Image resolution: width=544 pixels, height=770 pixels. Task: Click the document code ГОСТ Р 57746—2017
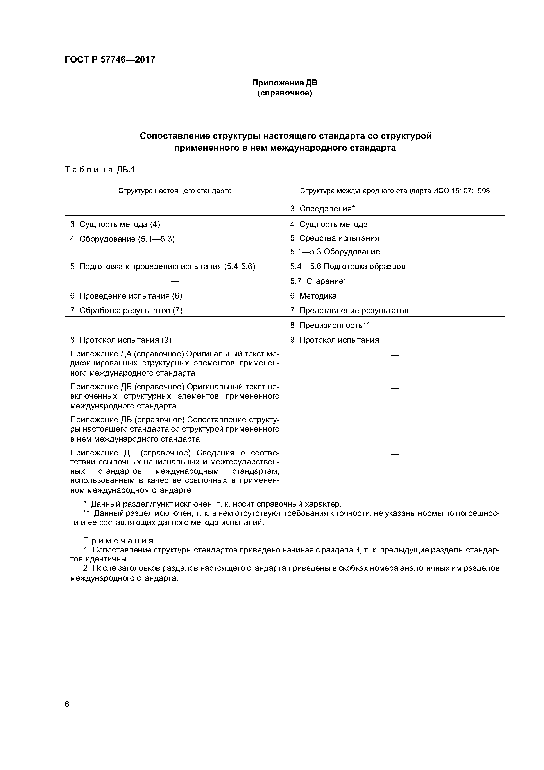point(110,60)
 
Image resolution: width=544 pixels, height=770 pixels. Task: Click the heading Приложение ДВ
point(285,83)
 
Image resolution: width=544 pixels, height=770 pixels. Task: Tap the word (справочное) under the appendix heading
point(285,93)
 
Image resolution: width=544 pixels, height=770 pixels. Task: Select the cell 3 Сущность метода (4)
point(115,224)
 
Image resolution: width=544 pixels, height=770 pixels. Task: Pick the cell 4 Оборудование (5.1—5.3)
point(122,239)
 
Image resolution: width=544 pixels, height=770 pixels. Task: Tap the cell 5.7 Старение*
point(318,281)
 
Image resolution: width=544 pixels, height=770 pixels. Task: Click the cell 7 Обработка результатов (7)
point(126,311)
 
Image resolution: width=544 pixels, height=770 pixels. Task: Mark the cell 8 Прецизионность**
point(329,325)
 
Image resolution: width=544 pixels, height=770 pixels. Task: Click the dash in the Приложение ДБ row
point(395,388)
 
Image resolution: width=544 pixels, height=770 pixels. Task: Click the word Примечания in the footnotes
point(118,541)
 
